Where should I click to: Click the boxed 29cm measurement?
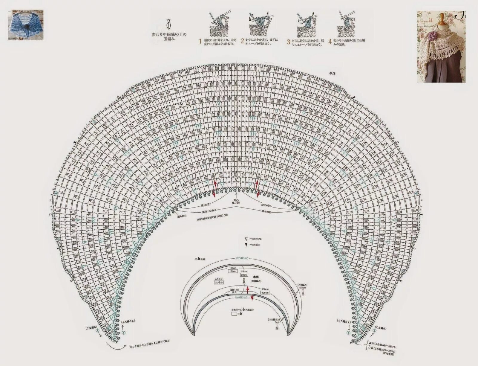(244, 275)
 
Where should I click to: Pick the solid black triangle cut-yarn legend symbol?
(246, 245)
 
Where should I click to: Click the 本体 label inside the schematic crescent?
(256, 277)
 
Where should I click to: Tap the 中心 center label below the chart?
(236, 200)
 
